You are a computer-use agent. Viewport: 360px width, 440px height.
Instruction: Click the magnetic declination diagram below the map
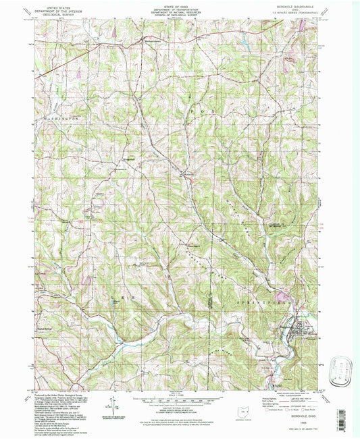(x=112, y=407)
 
